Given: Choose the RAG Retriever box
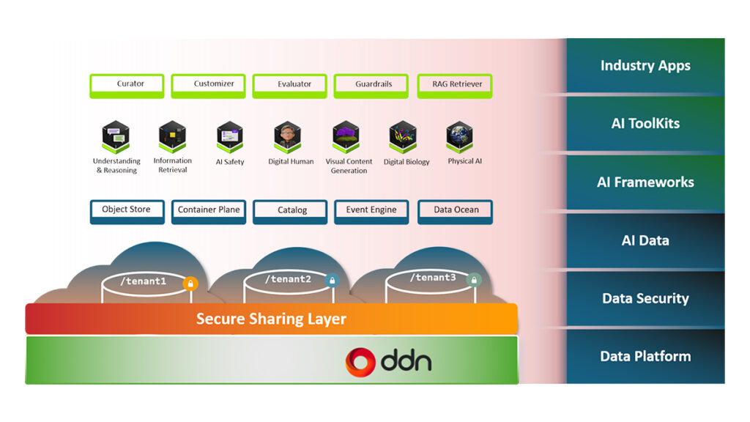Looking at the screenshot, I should [455, 85].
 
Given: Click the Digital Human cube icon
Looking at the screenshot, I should [287, 136].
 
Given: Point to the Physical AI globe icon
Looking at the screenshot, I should [459, 136].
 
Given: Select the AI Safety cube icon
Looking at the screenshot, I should [230, 136].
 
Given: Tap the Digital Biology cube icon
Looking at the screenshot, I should [402, 136].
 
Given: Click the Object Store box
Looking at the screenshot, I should [126, 211].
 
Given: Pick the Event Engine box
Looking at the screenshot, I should [371, 211].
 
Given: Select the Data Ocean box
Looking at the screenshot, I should [455, 211].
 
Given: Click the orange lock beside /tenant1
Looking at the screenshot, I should [190, 284].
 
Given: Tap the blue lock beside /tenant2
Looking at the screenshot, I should [333, 281].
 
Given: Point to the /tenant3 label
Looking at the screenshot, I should [432, 278].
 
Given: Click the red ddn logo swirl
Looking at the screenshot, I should [361, 361].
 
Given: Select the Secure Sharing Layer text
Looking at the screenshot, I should [271, 319].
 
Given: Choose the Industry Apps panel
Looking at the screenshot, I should [645, 66].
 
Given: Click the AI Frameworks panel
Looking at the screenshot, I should [645, 182].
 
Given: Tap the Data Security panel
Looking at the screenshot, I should [645, 298].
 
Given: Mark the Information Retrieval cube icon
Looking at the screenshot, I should [172, 136].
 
